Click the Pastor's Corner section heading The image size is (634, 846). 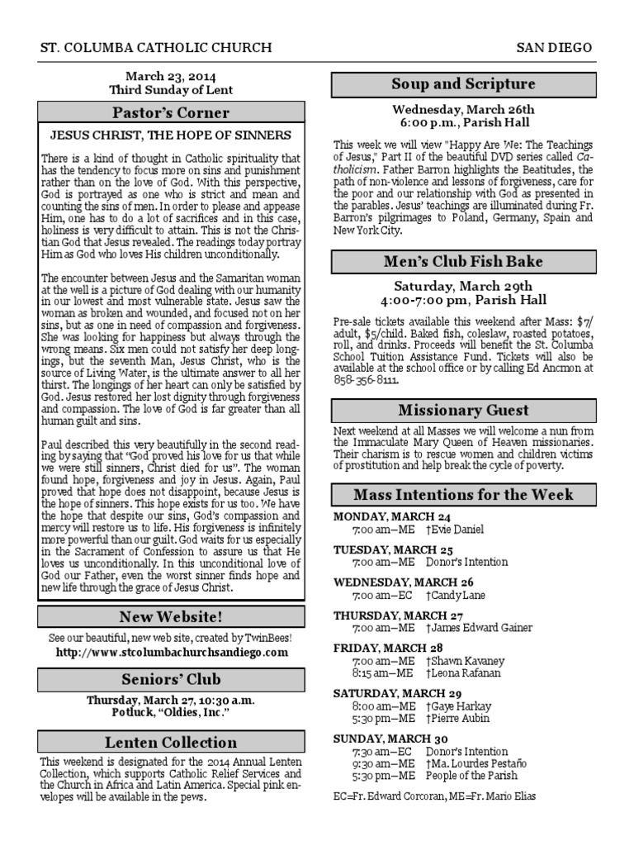coord(171,112)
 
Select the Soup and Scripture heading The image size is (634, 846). coord(463,84)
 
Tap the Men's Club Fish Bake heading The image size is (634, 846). coord(463,262)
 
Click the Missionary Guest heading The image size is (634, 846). coord(463,411)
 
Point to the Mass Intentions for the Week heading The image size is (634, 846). coord(463,495)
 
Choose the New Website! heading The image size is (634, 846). coord(171,616)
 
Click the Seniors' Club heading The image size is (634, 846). coord(171,679)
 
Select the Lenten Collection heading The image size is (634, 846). coord(171,742)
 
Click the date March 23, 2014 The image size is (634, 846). coord(171,76)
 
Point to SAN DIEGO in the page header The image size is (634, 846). coord(554,48)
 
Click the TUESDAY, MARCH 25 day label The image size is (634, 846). coord(394,549)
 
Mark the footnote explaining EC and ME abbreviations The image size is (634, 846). coord(433,796)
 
